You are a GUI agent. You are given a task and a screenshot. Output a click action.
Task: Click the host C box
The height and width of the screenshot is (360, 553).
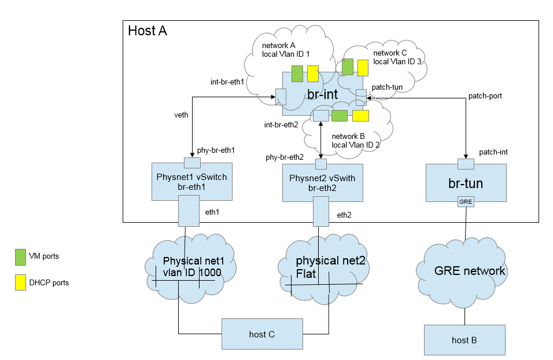(262, 334)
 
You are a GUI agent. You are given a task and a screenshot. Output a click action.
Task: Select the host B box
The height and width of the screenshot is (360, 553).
(464, 340)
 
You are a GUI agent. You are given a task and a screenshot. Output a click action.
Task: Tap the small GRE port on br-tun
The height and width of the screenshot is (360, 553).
(466, 201)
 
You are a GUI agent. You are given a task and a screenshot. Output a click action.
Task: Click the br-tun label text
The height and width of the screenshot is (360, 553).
(466, 183)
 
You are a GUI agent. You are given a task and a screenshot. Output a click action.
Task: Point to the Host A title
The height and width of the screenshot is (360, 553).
(148, 31)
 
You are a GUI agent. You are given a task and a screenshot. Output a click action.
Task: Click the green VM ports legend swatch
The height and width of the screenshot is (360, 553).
(20, 257)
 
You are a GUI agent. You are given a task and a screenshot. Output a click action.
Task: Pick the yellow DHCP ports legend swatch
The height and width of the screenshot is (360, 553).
(20, 282)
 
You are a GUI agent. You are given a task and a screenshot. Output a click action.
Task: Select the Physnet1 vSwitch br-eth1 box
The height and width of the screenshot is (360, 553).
(192, 182)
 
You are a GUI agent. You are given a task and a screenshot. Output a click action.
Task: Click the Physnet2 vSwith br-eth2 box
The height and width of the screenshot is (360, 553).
(322, 183)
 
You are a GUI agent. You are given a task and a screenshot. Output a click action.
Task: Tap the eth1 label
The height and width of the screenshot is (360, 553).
(212, 212)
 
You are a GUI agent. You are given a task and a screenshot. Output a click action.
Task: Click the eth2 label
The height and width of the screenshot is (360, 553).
(344, 215)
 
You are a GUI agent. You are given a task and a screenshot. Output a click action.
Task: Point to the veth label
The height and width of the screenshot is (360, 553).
(181, 115)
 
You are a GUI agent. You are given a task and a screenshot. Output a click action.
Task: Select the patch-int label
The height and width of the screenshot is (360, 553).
(493, 152)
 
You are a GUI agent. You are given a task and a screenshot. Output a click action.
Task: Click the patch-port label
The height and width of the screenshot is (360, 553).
(485, 96)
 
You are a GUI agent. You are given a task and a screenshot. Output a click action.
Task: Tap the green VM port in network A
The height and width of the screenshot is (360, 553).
(297, 74)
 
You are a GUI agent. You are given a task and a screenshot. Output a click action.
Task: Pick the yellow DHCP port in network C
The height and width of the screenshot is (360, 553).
(363, 68)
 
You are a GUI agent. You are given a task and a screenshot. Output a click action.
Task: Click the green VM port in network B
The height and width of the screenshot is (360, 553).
(340, 116)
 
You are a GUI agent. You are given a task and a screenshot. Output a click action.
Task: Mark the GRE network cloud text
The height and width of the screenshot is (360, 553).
(470, 271)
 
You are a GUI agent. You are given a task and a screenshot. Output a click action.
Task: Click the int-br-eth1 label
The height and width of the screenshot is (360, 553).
(227, 82)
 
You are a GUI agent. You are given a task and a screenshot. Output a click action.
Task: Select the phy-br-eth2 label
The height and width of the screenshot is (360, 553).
(285, 157)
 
